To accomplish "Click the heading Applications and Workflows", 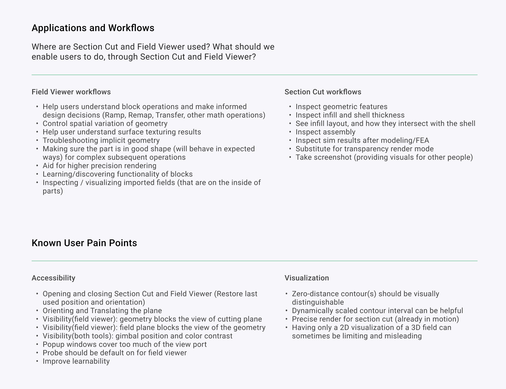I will tap(93, 28).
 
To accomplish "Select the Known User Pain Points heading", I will tap(84, 243).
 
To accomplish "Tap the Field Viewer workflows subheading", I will tap(71, 92).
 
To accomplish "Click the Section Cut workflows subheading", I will tap(323, 92).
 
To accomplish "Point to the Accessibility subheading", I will tap(53, 278).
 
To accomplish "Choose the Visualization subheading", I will tap(306, 278).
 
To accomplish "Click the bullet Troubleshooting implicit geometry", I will tap(101, 140).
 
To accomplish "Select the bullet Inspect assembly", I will tap(325, 132).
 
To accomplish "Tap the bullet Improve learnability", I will tap(76, 361).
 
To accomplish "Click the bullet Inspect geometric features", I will tap(341, 106).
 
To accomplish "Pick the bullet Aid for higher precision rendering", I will tap(99, 166).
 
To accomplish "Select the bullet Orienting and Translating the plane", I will tap(102, 310).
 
